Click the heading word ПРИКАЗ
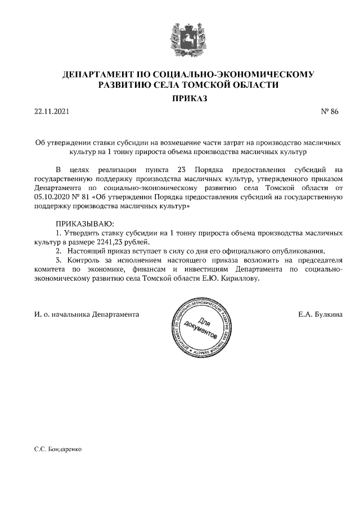180,98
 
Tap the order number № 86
330,112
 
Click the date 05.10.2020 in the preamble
53,197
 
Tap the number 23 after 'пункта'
181,169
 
